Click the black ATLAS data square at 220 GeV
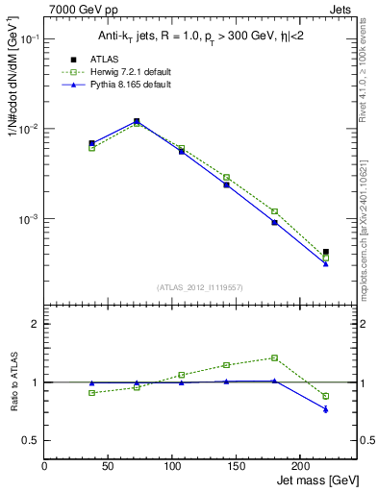tap(326, 252)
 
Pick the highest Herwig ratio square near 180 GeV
tap(274, 357)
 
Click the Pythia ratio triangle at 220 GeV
tap(326, 409)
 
